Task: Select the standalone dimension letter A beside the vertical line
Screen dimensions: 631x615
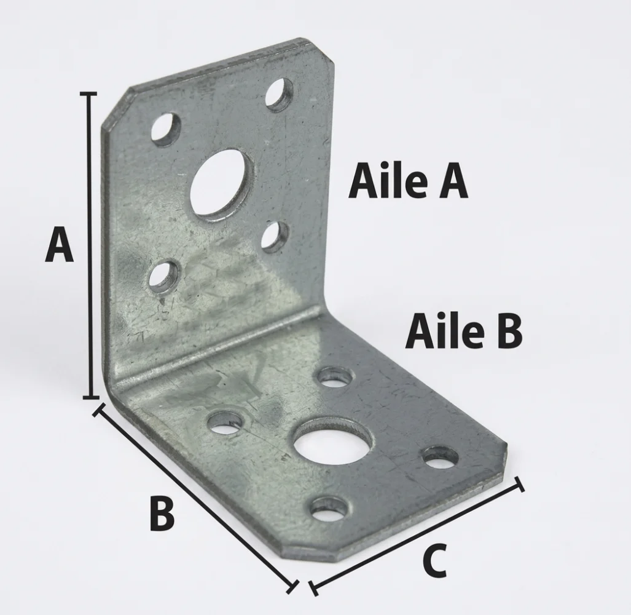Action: coord(59,245)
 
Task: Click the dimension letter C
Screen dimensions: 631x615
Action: coord(435,560)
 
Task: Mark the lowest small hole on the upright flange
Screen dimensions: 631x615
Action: coord(164,279)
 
